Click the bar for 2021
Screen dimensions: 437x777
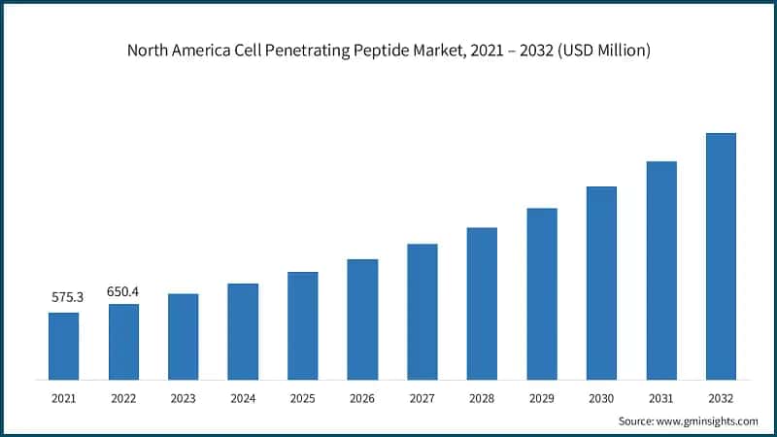[x=64, y=346]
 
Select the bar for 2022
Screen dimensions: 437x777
[x=123, y=342]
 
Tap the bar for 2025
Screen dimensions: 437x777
[x=303, y=325]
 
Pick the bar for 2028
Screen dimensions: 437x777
[x=482, y=303]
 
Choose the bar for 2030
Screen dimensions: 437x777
[x=601, y=283]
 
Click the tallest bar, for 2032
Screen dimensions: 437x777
[x=721, y=256]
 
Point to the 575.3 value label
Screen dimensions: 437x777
[x=67, y=297]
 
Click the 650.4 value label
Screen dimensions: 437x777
[x=123, y=290]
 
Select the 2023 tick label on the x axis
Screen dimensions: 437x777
[x=183, y=398]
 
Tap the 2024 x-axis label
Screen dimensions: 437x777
[x=243, y=398]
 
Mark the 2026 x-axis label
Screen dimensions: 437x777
[x=362, y=398]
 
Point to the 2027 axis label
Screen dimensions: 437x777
[x=422, y=398]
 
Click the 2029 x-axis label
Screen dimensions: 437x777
[x=542, y=398]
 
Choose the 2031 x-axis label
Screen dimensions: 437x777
[x=661, y=398]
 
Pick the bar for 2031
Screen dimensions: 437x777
[x=661, y=270]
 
